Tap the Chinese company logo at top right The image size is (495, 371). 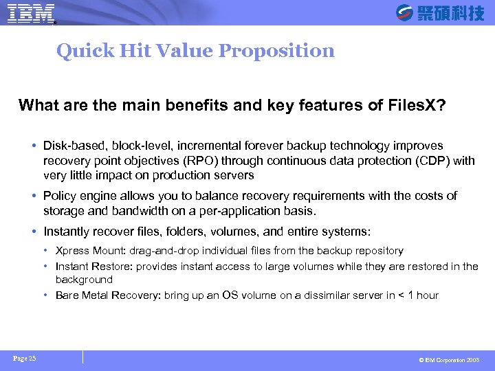(441, 12)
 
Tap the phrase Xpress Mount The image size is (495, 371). (85, 251)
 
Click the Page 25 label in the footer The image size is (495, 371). (24, 358)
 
